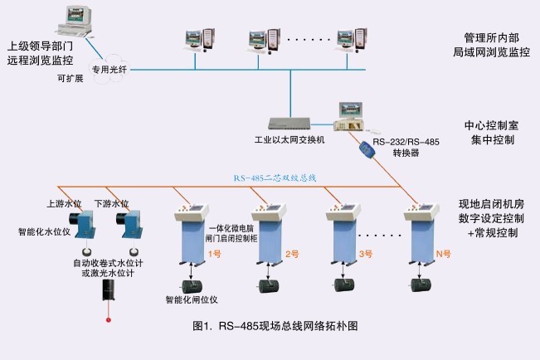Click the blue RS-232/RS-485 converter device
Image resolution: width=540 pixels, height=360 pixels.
click(x=367, y=151)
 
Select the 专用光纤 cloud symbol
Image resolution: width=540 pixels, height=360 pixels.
click(x=112, y=70)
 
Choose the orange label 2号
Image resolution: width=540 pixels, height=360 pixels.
click(x=290, y=253)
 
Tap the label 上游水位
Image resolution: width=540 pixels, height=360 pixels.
click(x=61, y=202)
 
